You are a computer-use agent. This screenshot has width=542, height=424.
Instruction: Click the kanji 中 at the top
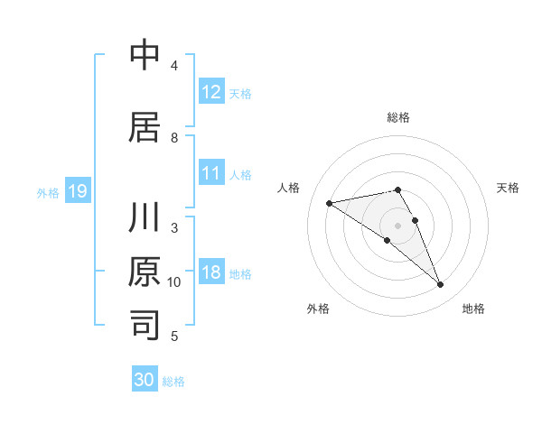tap(145, 56)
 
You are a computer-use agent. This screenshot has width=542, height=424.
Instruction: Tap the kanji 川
tap(145, 219)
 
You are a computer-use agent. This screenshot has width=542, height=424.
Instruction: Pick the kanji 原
tap(145, 272)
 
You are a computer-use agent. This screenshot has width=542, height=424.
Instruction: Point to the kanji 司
tap(145, 323)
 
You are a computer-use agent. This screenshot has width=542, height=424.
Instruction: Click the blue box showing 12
tap(211, 91)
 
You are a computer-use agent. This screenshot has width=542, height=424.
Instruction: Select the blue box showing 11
tap(211, 174)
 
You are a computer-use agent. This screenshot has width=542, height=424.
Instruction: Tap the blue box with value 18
tap(211, 272)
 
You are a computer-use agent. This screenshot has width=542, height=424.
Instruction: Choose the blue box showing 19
tap(77, 191)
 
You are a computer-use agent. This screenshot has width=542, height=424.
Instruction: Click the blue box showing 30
tap(145, 380)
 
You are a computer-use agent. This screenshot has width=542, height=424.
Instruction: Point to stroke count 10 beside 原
tap(174, 282)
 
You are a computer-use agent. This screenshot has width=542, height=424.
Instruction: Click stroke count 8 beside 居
tap(174, 137)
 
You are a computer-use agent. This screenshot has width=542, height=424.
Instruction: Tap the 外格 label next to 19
tap(48, 192)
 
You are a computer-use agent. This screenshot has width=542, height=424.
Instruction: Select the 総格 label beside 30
tap(173, 381)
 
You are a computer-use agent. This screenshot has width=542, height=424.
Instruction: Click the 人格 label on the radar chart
tap(289, 188)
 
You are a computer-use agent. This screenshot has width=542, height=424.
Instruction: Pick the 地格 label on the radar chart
tap(473, 309)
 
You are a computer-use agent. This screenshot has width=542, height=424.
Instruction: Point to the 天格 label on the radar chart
tap(508, 188)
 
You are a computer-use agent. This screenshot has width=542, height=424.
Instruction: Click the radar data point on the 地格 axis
tap(440, 285)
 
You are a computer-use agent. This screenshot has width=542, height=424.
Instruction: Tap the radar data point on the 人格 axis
tap(330, 202)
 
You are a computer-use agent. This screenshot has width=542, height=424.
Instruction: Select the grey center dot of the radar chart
tap(397, 225)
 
